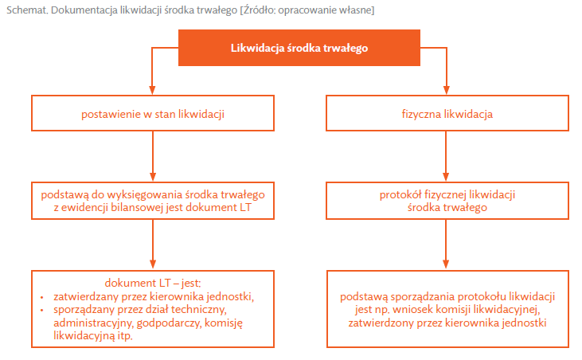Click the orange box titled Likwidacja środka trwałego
(x=299, y=48)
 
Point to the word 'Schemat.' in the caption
(x=27, y=10)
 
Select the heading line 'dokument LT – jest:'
(x=153, y=284)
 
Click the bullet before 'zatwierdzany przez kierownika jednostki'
(x=42, y=297)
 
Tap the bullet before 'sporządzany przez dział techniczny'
(x=42, y=310)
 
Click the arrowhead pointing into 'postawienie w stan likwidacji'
(x=152, y=90)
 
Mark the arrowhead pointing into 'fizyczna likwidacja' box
(x=447, y=90)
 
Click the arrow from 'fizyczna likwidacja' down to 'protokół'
(x=446, y=156)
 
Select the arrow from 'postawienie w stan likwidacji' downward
(x=153, y=156)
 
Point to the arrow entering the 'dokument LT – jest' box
(x=153, y=245)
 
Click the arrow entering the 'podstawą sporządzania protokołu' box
(x=446, y=245)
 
